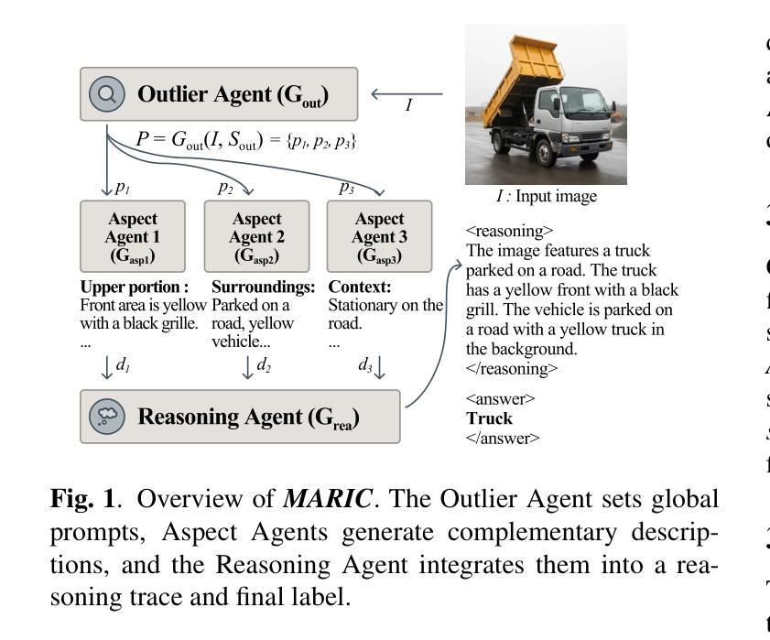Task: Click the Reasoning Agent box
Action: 240,416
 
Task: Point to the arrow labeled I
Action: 407,93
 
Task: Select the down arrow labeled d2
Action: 247,366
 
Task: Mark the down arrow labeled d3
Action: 380,366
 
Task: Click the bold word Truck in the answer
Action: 489,418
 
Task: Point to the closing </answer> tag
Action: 503,438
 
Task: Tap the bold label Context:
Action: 359,287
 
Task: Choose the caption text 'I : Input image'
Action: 547,197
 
